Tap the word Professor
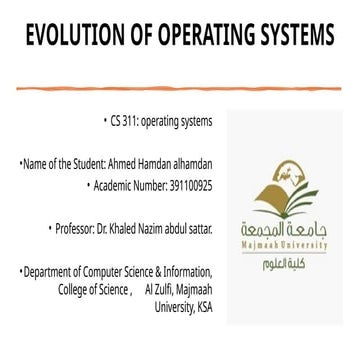[77, 230]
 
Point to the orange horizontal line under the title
[180, 88]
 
